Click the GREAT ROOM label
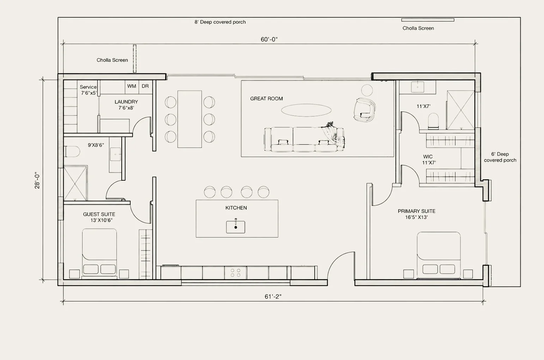coord(266,98)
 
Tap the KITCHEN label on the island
coord(236,208)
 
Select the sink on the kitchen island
coord(236,227)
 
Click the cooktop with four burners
coord(235,272)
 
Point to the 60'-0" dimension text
coord(269,39)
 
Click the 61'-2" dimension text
coord(273,296)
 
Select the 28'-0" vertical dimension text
coord(37,180)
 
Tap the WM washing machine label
coord(132,86)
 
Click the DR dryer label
coord(145,86)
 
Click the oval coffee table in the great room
coord(306,110)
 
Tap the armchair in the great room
coord(364,109)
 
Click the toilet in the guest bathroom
coord(72,151)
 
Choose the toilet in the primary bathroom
coord(433,121)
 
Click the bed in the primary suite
coord(439,255)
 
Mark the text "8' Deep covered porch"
coord(220,22)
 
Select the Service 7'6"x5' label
coord(89,90)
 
